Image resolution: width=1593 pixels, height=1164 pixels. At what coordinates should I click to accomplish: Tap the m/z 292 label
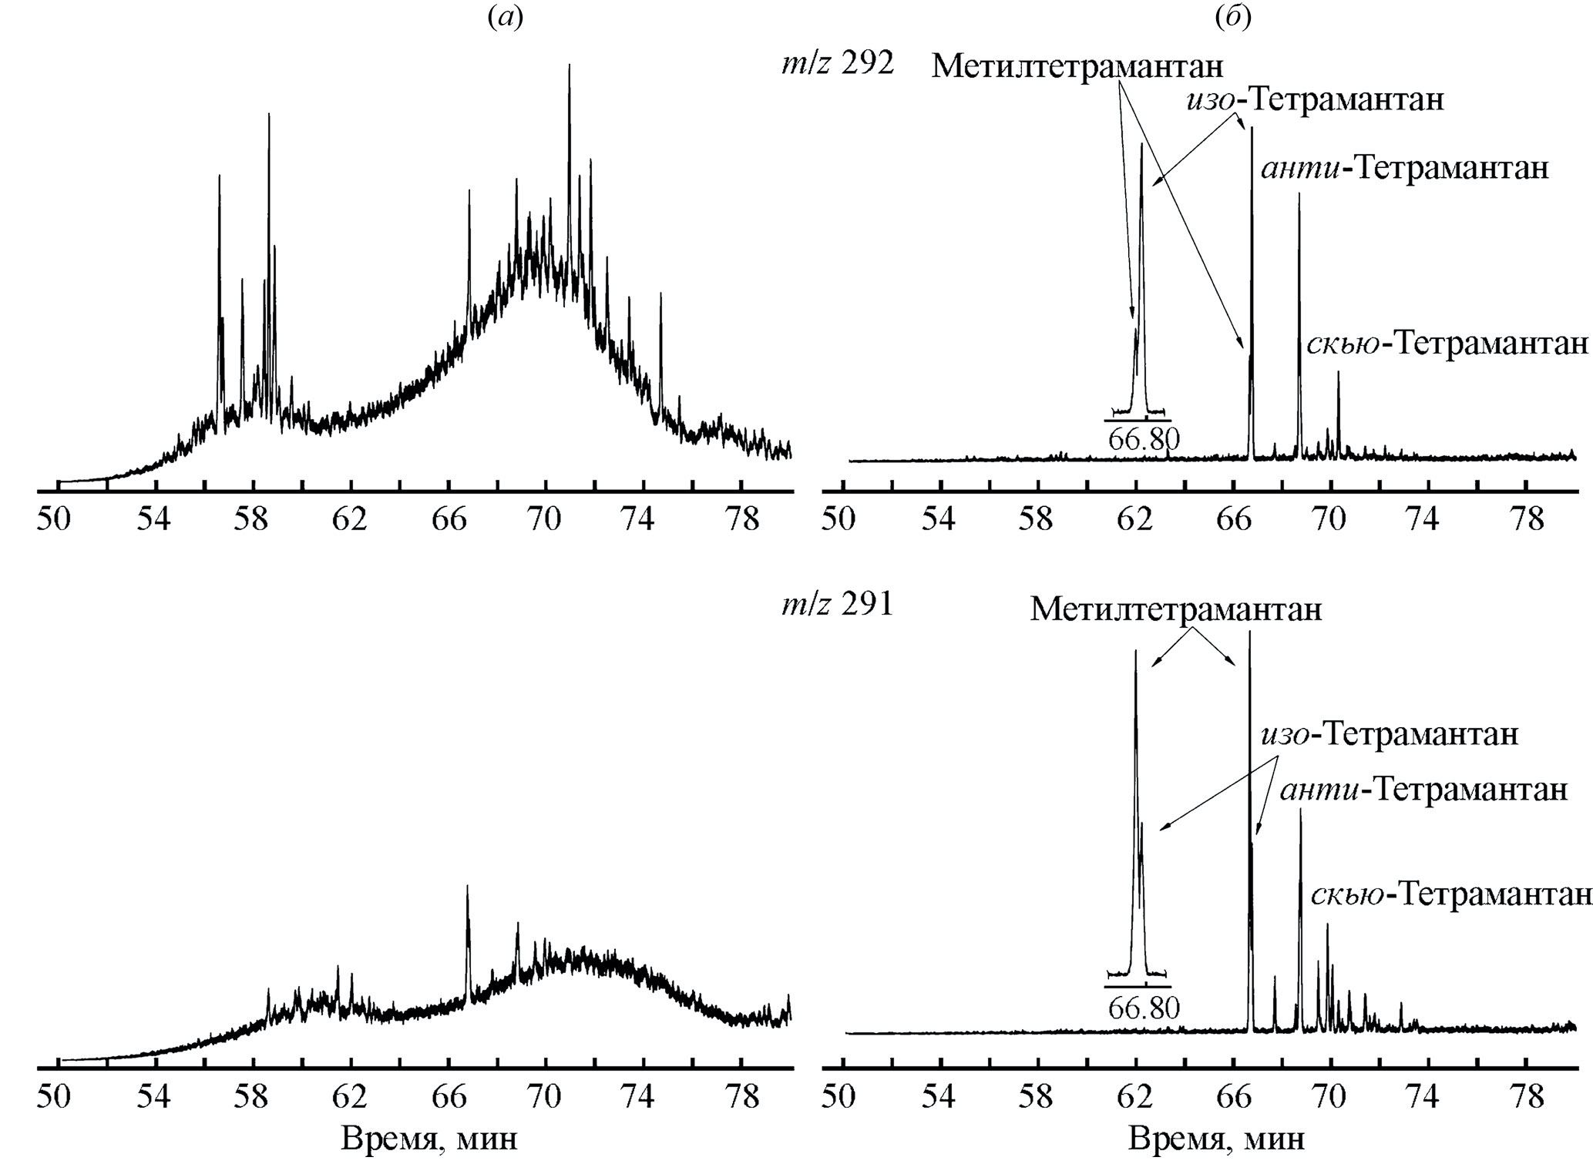(837, 64)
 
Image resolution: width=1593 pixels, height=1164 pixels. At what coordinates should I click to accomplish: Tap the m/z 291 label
(837, 605)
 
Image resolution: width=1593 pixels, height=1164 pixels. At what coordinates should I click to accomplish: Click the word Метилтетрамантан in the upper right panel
(1077, 67)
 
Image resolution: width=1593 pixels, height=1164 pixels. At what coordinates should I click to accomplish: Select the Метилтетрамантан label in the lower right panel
(1176, 610)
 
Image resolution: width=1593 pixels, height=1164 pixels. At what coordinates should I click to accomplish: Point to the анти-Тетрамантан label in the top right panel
(1404, 168)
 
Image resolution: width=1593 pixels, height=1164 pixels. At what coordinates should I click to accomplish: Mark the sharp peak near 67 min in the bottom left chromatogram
(467, 887)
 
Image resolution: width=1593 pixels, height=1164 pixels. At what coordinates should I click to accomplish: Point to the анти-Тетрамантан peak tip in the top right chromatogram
(1299, 195)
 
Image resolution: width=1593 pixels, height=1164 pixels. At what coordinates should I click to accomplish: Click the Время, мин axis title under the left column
(429, 1139)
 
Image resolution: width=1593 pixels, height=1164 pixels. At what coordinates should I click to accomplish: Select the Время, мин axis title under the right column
(1217, 1139)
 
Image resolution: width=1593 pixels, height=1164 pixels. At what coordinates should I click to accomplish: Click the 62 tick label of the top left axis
(349, 519)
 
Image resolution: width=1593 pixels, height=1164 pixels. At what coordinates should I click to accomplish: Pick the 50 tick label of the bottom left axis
(53, 1097)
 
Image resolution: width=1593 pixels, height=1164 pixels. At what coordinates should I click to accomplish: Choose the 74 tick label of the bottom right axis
(1422, 1097)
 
